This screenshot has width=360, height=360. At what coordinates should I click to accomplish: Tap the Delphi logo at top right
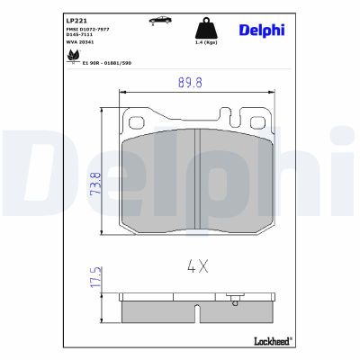(262, 30)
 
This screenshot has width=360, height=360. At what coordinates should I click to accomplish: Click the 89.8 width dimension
(186, 85)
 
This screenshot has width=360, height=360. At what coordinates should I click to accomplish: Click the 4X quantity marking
(197, 266)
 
